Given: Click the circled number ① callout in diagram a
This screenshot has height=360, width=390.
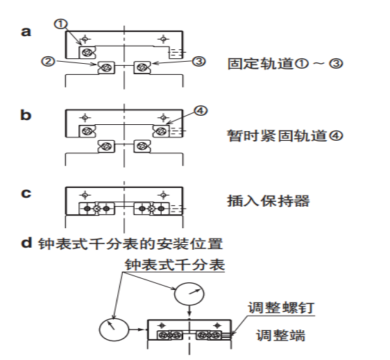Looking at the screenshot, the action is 60,24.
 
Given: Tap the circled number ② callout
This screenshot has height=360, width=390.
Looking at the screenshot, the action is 48,61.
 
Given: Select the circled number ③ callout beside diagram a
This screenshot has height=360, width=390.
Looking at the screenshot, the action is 199,61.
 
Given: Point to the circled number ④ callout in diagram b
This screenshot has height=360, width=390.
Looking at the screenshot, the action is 201,110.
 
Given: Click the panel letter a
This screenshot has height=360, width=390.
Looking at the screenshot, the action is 26,32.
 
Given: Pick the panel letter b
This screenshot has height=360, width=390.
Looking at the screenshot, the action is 26,115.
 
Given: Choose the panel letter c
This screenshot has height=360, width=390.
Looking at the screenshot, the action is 26,194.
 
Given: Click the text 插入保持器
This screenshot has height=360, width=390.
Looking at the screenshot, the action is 268,201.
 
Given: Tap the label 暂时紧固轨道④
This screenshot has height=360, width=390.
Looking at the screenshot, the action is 285,136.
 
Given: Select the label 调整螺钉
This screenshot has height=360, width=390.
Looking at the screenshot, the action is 281,308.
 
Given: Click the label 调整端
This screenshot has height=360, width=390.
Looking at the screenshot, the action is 280,335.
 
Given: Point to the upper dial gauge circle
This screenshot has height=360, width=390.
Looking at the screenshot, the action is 189,293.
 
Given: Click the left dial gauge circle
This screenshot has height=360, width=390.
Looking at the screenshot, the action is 115,329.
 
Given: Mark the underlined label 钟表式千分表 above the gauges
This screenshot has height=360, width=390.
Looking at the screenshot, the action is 175,264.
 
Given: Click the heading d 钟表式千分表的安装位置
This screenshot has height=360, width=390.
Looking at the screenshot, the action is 122,243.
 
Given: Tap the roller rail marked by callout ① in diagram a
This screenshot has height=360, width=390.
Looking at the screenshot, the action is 87,53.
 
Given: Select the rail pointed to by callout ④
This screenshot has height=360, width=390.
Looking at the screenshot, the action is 161,131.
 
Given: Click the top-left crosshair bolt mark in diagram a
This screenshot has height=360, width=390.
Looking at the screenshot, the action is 85,39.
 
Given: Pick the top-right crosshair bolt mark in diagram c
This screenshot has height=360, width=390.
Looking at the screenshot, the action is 163,195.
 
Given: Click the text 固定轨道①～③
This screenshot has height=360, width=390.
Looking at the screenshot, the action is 285,64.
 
